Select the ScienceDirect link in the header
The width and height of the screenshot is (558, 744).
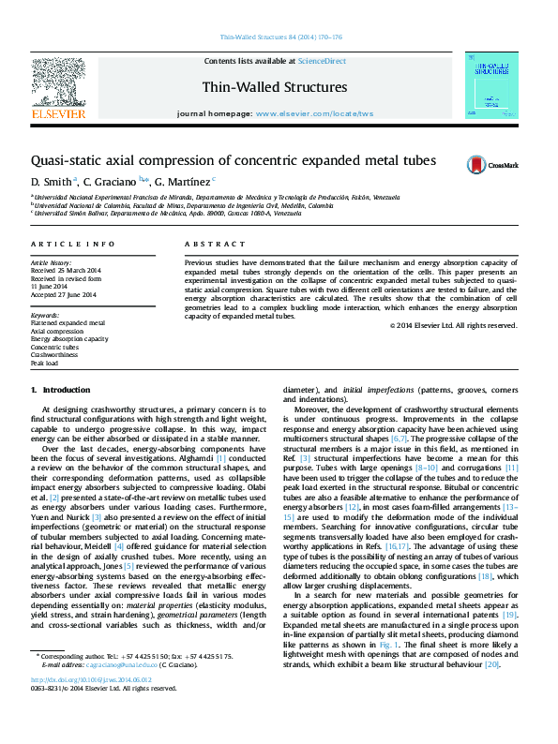pyautogui.click(x=322, y=61)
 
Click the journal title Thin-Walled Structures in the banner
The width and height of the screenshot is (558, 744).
pyautogui.click(x=275, y=87)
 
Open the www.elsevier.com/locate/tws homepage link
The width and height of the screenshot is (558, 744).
pyautogui.click(x=314, y=113)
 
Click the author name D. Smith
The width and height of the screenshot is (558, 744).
pyautogui.click(x=50, y=180)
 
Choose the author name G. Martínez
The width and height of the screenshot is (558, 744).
pyautogui.click(x=185, y=180)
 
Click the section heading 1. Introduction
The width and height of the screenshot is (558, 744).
pyautogui.click(x=60, y=389)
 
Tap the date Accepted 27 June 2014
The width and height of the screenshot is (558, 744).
pyautogui.click(x=64, y=295)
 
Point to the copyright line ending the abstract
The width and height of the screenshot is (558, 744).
pyautogui.click(x=453, y=325)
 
